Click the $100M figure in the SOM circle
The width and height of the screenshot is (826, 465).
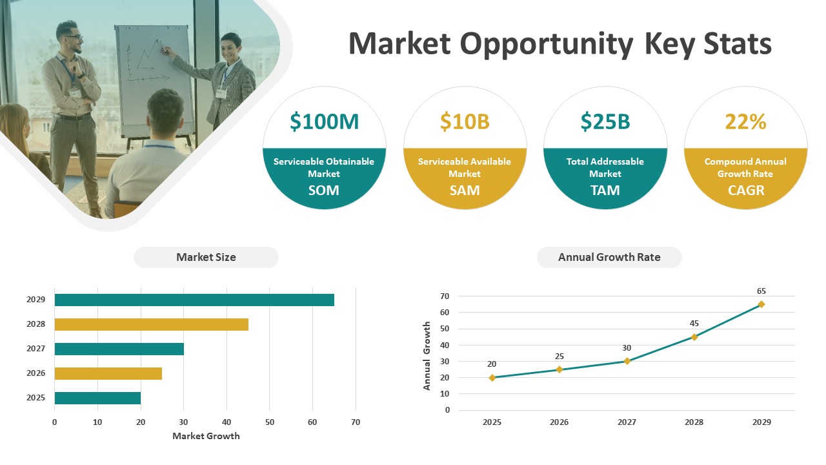pyautogui.click(x=324, y=122)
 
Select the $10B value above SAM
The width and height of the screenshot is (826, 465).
pyautogui.click(x=465, y=122)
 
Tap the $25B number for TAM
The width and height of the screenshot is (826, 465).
pyautogui.click(x=605, y=122)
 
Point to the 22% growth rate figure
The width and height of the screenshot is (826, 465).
pyautogui.click(x=745, y=122)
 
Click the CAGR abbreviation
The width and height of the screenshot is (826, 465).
pyautogui.click(x=746, y=191)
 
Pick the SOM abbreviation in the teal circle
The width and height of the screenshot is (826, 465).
pyautogui.click(x=324, y=191)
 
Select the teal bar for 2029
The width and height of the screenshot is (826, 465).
pyautogui.click(x=194, y=300)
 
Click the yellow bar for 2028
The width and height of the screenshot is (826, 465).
pyautogui.click(x=152, y=325)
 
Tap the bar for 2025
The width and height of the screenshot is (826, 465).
pyautogui.click(x=97, y=398)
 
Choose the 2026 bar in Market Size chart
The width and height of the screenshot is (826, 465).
pyautogui.click(x=108, y=374)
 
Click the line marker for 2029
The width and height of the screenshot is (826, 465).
pyautogui.click(x=761, y=304)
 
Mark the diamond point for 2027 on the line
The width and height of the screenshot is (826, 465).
pyautogui.click(x=627, y=361)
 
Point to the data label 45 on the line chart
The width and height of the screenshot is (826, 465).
pyautogui.click(x=694, y=324)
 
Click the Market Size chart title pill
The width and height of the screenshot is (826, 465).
pyautogui.click(x=206, y=257)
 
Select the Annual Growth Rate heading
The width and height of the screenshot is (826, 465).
pyautogui.click(x=609, y=257)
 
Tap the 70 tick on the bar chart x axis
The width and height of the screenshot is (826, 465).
pyautogui.click(x=356, y=422)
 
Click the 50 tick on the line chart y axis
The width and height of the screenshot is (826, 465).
pyautogui.click(x=445, y=329)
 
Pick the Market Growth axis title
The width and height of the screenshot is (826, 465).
pyautogui.click(x=206, y=436)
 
